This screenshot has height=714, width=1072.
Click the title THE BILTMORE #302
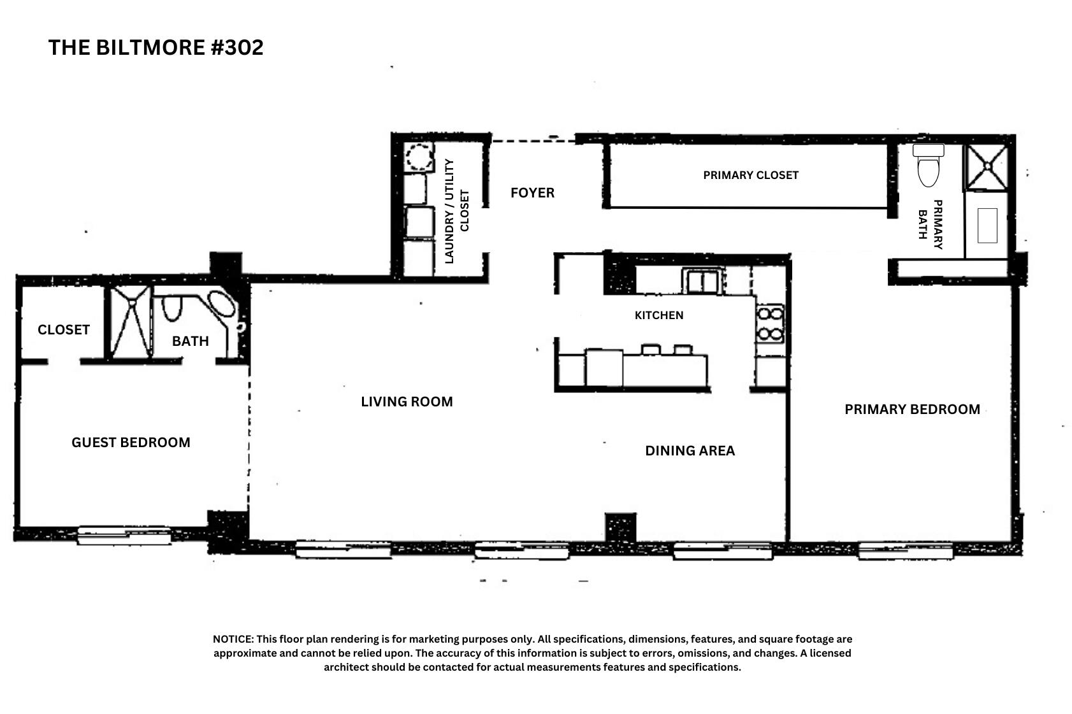(x=156, y=48)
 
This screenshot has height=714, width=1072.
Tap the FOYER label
(x=532, y=192)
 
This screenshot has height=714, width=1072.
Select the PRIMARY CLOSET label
(x=750, y=175)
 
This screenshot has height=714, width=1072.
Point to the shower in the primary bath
(x=987, y=166)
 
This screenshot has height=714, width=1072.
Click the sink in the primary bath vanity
(x=987, y=225)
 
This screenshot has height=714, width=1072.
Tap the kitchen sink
(x=702, y=280)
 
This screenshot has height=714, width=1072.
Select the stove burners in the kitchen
(x=770, y=324)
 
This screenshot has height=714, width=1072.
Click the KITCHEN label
(x=658, y=315)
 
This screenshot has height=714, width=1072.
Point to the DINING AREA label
(x=690, y=451)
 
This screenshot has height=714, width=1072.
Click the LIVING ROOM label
(x=407, y=402)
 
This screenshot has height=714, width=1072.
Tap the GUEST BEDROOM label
(x=131, y=443)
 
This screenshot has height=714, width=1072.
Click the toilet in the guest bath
(x=171, y=308)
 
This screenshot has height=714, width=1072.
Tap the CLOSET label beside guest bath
(x=63, y=330)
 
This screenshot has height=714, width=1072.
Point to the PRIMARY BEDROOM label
(x=912, y=410)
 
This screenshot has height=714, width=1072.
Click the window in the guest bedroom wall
(x=124, y=534)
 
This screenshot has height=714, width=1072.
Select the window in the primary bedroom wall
(x=905, y=550)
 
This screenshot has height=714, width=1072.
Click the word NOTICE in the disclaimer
(x=233, y=639)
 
